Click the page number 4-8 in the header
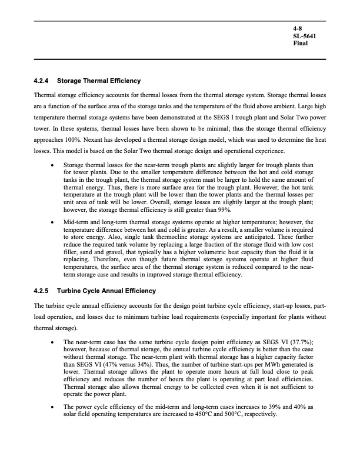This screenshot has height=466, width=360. pos(298,28)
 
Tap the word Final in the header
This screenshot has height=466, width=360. pos(301,43)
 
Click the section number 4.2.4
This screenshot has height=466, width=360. pos(44,81)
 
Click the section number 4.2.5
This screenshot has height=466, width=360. pos(44,291)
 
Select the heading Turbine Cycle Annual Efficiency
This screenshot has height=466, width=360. pos(110,291)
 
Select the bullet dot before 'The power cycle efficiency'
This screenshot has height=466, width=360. pos(54,407)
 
